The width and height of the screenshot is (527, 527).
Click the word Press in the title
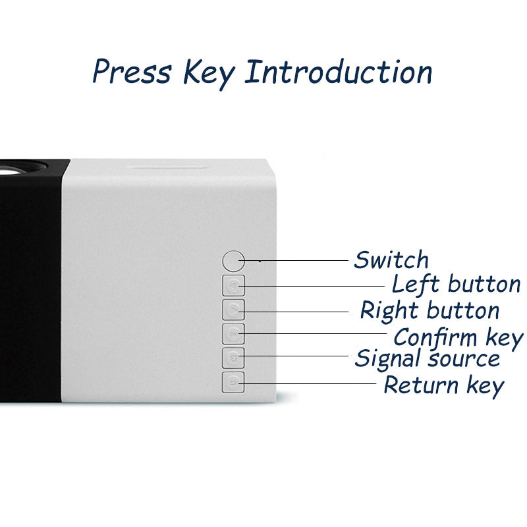[x=132, y=71]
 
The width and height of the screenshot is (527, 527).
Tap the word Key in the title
[x=208, y=74]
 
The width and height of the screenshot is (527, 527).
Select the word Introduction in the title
[x=339, y=72]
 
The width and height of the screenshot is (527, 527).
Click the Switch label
[x=391, y=260]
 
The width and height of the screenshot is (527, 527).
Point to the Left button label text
[x=456, y=284]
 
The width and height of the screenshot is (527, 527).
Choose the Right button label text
[x=430, y=310]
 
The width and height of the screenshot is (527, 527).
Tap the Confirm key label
[x=458, y=338]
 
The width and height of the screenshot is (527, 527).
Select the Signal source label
[x=427, y=358]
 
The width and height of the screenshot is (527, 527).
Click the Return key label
[x=443, y=385]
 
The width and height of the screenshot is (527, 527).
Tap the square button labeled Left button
[x=233, y=286]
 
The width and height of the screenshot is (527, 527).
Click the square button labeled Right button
[x=233, y=310]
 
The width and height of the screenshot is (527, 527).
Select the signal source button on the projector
[x=233, y=358]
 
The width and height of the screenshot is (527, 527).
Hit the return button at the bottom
[x=233, y=382]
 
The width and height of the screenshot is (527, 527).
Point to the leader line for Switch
[x=293, y=260]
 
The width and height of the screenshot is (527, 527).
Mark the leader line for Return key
[x=307, y=383]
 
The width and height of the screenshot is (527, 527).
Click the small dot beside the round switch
[x=260, y=261]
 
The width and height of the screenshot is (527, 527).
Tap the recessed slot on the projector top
[x=168, y=167]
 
